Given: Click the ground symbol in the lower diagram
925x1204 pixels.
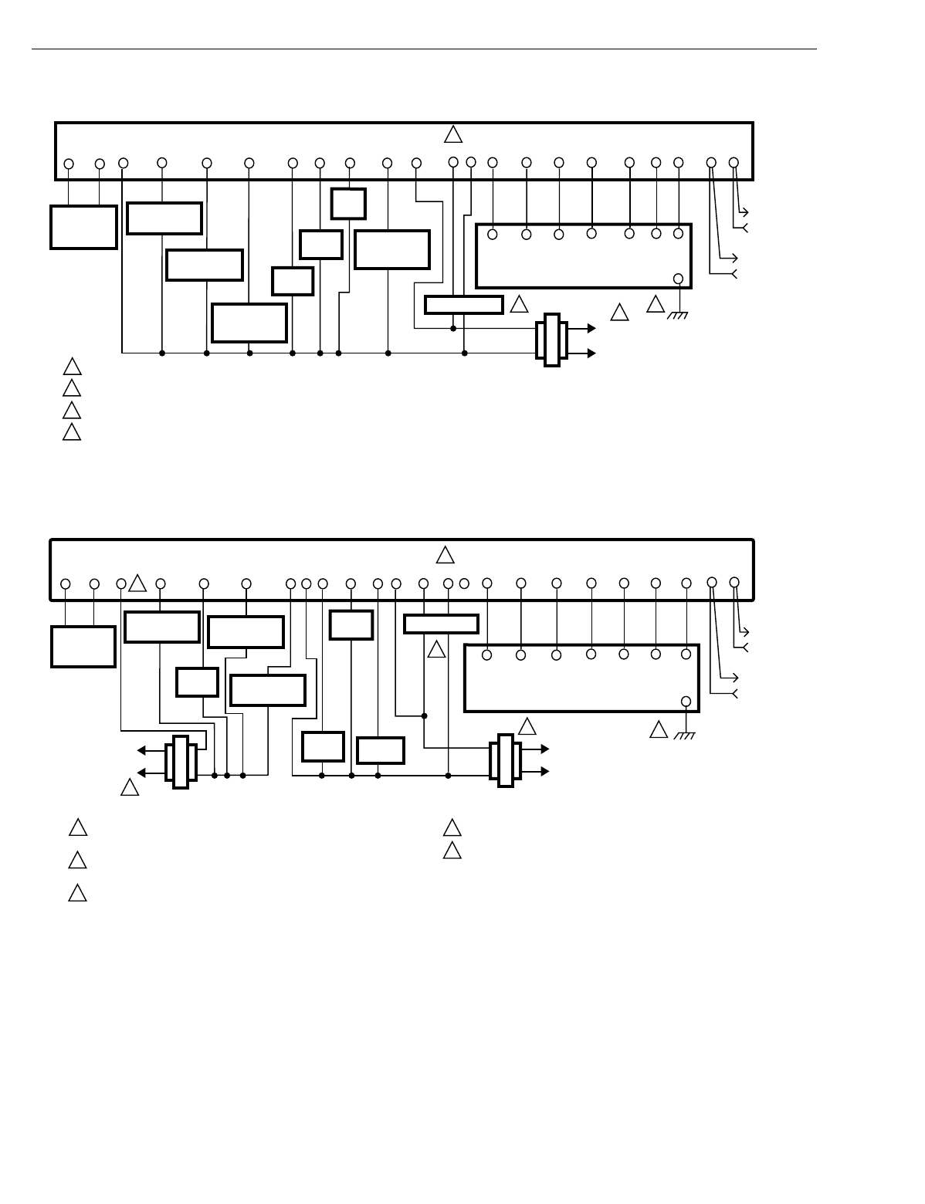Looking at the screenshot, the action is coord(684,736).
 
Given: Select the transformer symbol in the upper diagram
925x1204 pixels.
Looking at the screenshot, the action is coord(551,340).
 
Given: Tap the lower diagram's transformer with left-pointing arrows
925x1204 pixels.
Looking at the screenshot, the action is coord(180,761).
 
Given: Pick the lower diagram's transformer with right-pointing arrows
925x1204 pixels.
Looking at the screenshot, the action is coord(505,759).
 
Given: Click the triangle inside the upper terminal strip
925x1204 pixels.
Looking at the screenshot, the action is coord(453,135).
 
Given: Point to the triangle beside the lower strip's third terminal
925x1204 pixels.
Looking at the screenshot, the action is coord(137,583).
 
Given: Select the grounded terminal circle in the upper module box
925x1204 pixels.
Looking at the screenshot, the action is coord(679,279).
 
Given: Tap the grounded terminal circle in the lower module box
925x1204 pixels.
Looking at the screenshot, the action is coord(686,701).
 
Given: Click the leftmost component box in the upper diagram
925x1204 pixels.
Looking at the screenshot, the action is coord(83,227).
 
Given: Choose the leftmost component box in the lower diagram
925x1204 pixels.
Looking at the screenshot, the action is coord(83,646).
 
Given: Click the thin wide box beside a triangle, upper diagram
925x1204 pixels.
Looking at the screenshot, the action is coord(463,304).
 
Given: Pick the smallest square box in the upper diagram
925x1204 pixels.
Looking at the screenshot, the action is coord(348,203).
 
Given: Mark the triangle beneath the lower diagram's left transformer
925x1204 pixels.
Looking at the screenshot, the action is coord(130,788).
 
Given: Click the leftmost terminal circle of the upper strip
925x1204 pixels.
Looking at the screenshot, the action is coord(69,164).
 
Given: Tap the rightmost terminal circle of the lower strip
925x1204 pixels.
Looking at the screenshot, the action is coord(734,582).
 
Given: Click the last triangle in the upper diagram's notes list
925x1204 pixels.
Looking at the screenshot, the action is coord(72,431).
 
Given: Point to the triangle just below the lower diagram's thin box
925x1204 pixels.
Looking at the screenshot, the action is coord(437,649).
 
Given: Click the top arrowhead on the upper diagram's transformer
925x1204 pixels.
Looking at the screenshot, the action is coord(591,328).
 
